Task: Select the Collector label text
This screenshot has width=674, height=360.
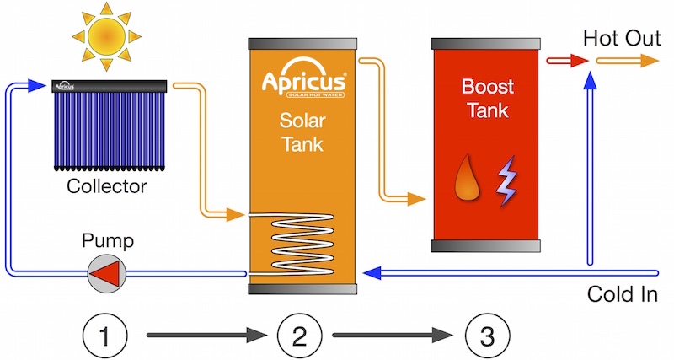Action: tap(106, 186)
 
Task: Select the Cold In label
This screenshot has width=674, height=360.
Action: tap(623, 295)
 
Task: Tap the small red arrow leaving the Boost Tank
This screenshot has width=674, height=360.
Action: tap(566, 61)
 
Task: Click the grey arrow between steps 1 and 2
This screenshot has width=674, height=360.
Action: tap(206, 337)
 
